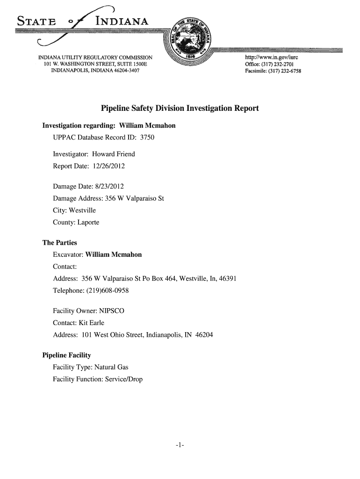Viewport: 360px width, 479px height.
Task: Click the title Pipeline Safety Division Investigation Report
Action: point(180,109)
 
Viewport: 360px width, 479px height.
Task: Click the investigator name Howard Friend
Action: point(113,154)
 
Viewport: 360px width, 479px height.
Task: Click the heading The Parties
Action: point(59,243)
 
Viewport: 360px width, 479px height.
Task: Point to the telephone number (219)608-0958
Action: point(106,290)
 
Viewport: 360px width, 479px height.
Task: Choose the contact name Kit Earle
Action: point(91,323)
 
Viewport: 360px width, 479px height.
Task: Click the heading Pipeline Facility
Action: point(66,355)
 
